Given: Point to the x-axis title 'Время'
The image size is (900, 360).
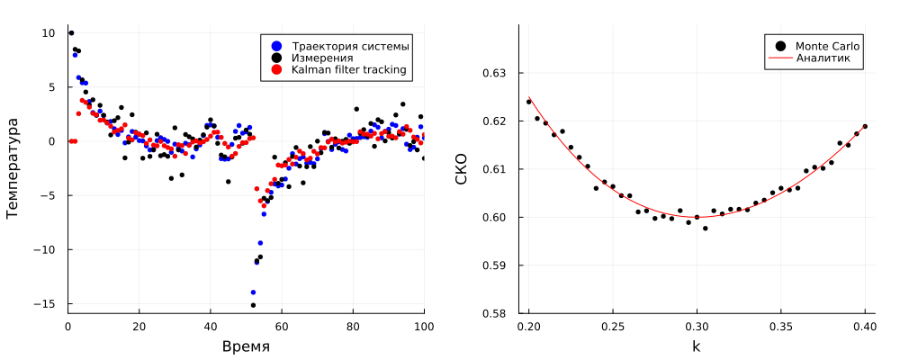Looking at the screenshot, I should (x=246, y=346).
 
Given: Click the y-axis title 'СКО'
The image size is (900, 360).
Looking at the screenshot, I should (x=462, y=169).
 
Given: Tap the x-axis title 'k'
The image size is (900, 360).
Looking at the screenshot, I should (x=696, y=346).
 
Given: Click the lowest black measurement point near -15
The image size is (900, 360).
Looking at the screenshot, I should (x=253, y=305).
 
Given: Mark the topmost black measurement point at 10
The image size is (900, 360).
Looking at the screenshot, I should (x=71, y=33).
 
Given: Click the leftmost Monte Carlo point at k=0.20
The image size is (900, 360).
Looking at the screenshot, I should (x=529, y=102).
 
